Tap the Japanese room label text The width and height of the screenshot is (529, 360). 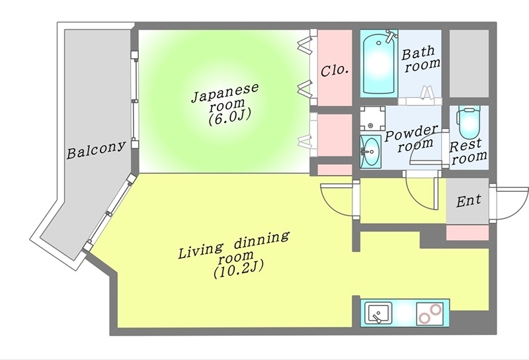pos(225,99)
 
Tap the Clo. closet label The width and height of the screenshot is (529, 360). pos(335,69)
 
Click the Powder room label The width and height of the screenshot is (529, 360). pos(411,137)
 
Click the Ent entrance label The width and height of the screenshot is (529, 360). pos(468,200)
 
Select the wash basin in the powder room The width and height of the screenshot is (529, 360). pos(370,153)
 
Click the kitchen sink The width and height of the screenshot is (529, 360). pos(379,312)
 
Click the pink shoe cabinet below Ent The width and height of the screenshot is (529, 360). pos(468,232)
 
